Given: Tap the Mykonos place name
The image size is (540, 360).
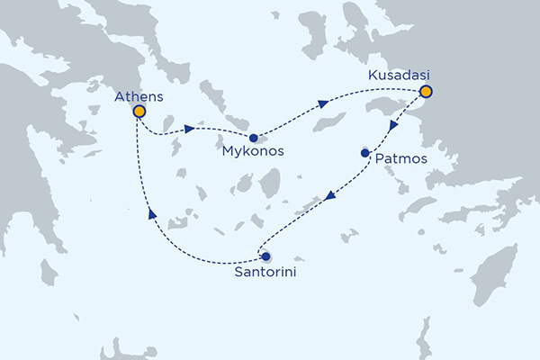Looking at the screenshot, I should tap(253, 152).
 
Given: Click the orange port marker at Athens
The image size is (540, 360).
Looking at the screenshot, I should tap(139, 112).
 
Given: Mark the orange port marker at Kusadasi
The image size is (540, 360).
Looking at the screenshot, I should tap(426, 91).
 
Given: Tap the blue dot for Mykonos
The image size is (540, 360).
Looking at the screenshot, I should tap(254, 138).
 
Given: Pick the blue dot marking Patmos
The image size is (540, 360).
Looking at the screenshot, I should tap(364, 153).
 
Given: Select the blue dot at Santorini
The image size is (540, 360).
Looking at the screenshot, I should tap(265, 256).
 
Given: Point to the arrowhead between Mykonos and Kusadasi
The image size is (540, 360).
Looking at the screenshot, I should tap(321, 105).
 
